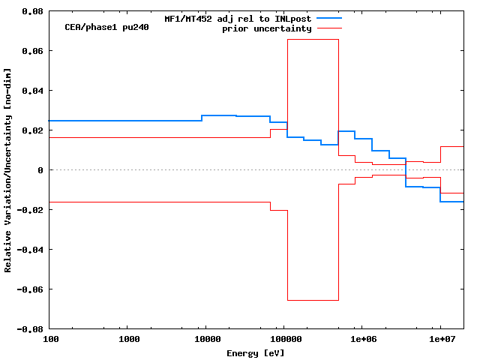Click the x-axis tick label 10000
point(205,340)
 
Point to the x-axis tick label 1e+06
point(361,340)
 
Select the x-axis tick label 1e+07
point(439,340)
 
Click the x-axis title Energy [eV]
point(256,352)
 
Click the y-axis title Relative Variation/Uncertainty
point(8,170)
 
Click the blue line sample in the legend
point(329,17)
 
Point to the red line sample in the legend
point(329,28)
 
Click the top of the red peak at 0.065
point(313,40)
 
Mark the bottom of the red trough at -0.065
point(313,300)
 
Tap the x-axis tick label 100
point(50,340)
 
